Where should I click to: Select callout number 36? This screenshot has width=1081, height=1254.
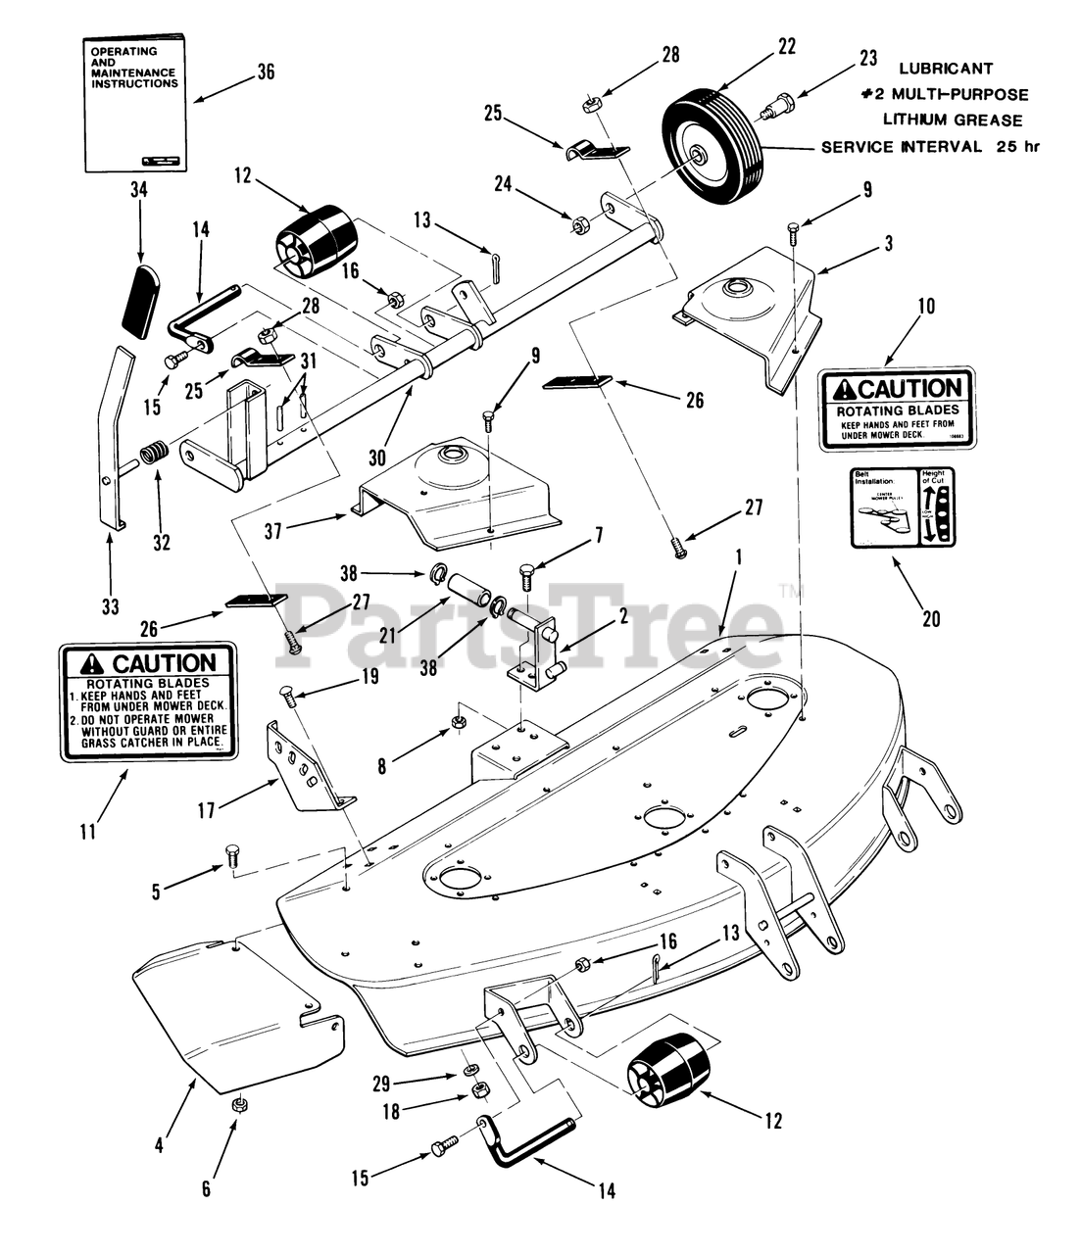pyautogui.click(x=266, y=72)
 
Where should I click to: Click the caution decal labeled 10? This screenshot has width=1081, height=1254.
pyautogui.click(x=898, y=410)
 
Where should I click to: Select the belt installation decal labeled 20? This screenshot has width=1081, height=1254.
pyautogui.click(x=902, y=506)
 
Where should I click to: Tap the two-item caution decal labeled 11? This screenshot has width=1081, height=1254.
pyautogui.click(x=148, y=700)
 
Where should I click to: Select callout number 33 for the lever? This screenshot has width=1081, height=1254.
pyautogui.click(x=110, y=606)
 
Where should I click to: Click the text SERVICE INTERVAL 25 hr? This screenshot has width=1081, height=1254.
pyautogui.click(x=929, y=147)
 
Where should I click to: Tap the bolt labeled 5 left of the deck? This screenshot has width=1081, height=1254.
pyautogui.click(x=233, y=854)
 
